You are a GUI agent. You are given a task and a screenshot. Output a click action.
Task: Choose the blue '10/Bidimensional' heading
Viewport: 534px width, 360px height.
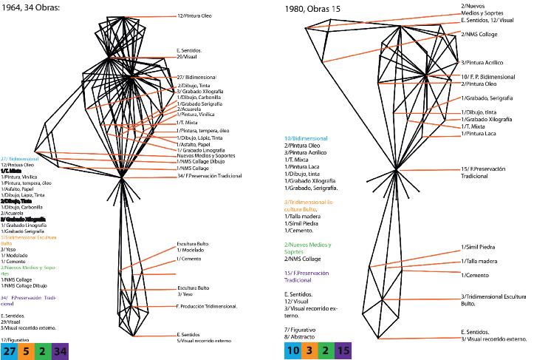307,138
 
